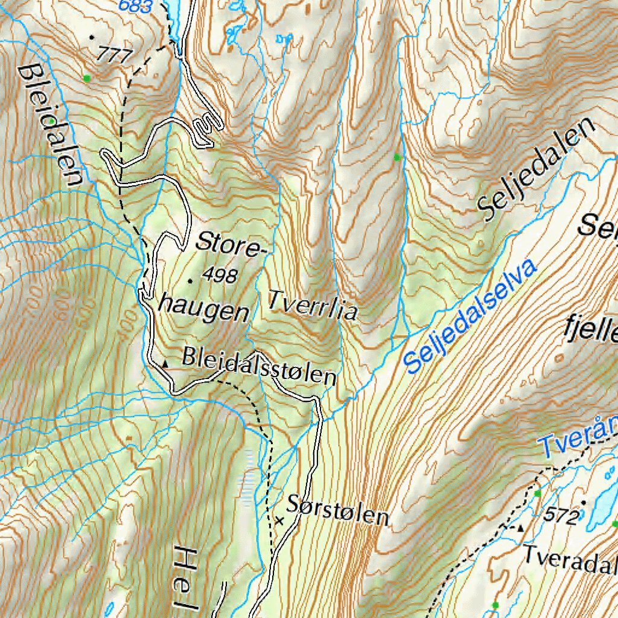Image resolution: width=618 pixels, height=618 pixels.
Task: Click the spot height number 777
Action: pyautogui.click(x=114, y=56)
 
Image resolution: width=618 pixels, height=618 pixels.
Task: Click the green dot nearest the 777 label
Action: pyautogui.click(x=88, y=78)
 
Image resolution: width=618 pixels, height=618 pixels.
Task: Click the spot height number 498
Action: pyautogui.click(x=220, y=276)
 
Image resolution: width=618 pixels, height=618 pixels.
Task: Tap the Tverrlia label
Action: pyautogui.click(x=313, y=305)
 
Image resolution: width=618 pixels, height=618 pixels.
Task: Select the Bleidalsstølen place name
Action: pyautogui.click(x=259, y=366)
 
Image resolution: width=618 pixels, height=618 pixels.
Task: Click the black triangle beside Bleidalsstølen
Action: pyautogui.click(x=165, y=363)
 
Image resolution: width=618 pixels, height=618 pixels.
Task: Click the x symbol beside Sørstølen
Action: pyautogui.click(x=279, y=520)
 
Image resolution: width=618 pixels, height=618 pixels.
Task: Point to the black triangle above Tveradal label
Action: pyautogui.click(x=521, y=528)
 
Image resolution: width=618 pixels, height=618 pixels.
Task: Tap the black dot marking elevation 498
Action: pyautogui.click(x=190, y=281)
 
